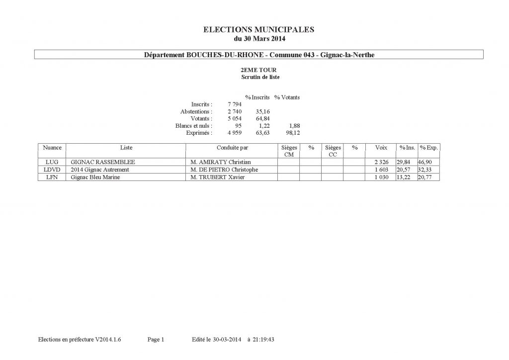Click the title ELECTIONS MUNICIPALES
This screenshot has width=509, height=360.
point(259,30)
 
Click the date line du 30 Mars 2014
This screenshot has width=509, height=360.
point(259,38)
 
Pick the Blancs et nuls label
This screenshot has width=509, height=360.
point(193,126)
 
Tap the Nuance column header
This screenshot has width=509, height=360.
point(52,148)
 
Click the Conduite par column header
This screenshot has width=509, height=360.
point(232,148)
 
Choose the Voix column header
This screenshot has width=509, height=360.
point(381,148)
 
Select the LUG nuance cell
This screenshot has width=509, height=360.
point(52,162)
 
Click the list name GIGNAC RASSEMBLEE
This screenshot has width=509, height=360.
point(103,162)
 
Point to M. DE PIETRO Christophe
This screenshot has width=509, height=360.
point(224,170)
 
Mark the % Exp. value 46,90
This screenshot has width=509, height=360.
point(429,162)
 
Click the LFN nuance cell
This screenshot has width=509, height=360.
point(52,177)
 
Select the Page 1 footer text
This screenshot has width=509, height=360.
point(156,340)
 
